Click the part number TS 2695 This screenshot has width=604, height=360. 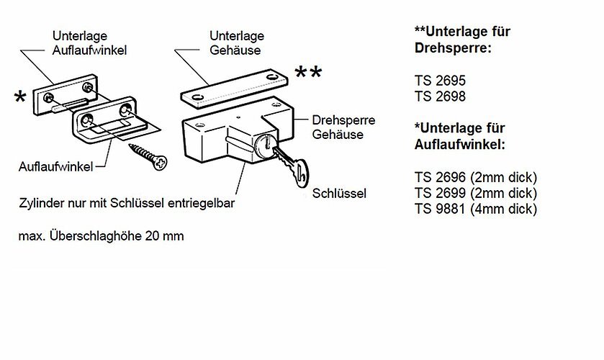(x=440, y=81)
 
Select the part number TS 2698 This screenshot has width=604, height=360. (x=440, y=96)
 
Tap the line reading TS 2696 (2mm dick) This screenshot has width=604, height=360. (x=476, y=177)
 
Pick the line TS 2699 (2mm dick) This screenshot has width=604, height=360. (x=476, y=193)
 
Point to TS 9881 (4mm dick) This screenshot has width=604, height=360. (x=476, y=209)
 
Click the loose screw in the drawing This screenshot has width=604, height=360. (x=148, y=156)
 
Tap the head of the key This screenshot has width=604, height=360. (x=300, y=174)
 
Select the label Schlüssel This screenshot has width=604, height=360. (x=339, y=193)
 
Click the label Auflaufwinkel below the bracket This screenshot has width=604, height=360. (x=56, y=166)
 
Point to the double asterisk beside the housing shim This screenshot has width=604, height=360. (x=308, y=73)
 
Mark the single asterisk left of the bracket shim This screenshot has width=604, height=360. (x=20, y=97)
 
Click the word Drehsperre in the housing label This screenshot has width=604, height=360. (x=343, y=120)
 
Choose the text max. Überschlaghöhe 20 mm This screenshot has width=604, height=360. (x=101, y=235)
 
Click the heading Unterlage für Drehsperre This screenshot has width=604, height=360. (x=462, y=40)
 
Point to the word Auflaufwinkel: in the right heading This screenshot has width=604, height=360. (x=459, y=145)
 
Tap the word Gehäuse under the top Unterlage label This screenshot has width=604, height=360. (x=235, y=50)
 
